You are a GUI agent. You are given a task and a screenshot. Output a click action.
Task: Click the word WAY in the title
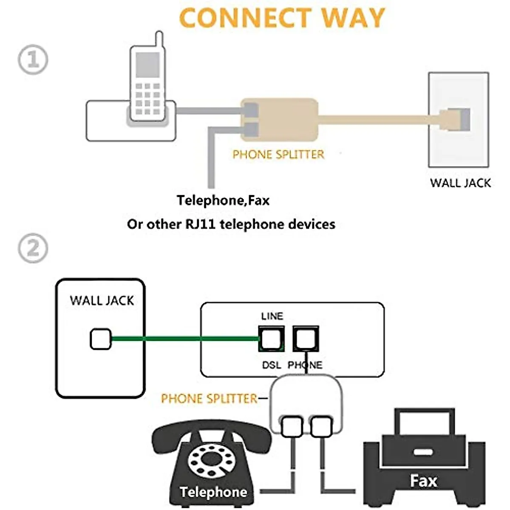click(x=352, y=18)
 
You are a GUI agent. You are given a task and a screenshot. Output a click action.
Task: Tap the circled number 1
click(x=33, y=59)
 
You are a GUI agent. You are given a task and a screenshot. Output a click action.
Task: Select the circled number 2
click(x=33, y=249)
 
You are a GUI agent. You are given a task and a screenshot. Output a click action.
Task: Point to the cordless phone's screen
click(x=147, y=65)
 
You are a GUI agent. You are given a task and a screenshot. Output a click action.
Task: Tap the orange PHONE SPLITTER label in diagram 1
click(x=278, y=154)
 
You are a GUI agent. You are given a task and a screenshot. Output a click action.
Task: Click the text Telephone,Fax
click(x=223, y=200)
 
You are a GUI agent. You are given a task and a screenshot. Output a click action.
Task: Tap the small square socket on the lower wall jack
click(x=101, y=340)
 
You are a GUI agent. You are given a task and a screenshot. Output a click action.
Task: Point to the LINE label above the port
click(x=272, y=316)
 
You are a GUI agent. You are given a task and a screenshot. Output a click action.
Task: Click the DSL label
click(x=271, y=365)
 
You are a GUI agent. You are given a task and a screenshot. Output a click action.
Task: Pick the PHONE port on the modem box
click(x=306, y=339)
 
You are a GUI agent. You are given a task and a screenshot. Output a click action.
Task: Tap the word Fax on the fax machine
click(x=423, y=481)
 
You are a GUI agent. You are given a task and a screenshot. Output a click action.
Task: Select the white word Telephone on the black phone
click(x=213, y=492)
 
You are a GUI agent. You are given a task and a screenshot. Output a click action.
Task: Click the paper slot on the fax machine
click(x=423, y=452)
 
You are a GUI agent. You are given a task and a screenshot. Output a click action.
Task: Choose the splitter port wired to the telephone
click(x=292, y=427)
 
